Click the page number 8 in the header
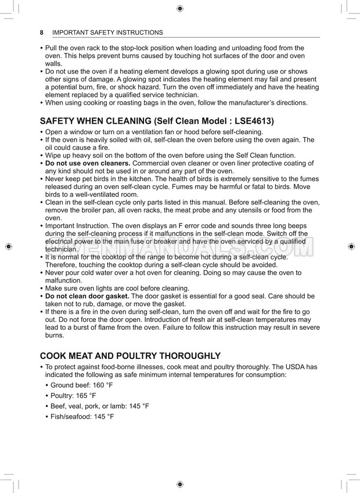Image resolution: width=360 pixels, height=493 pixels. (42, 33)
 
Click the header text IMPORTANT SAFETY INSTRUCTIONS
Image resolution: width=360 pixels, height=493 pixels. (107, 33)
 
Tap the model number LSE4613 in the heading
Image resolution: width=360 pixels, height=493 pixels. (251, 121)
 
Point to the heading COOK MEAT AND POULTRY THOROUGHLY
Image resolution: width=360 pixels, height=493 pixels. (130, 356)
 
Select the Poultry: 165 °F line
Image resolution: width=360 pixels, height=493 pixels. (73, 395)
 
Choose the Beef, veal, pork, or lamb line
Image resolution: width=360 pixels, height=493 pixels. (99, 406)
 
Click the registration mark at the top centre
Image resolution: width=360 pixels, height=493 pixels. (180, 8)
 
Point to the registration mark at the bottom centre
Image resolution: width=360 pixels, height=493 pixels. (180, 484)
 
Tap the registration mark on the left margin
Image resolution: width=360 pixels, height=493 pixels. (8, 246)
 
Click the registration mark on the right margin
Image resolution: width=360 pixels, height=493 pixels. (351, 246)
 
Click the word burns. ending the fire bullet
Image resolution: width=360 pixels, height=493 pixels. (55, 335)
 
